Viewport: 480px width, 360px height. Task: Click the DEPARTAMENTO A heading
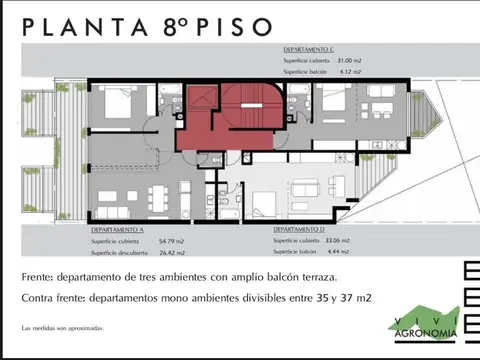[x=107, y=229]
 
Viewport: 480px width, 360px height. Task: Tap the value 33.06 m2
[x=366, y=241]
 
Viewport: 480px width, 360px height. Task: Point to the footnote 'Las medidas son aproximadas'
[x=60, y=329]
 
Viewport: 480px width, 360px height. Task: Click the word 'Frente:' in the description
[x=37, y=276]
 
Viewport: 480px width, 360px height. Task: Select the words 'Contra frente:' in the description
[x=50, y=297]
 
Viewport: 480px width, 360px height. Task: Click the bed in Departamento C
[x=331, y=103]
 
